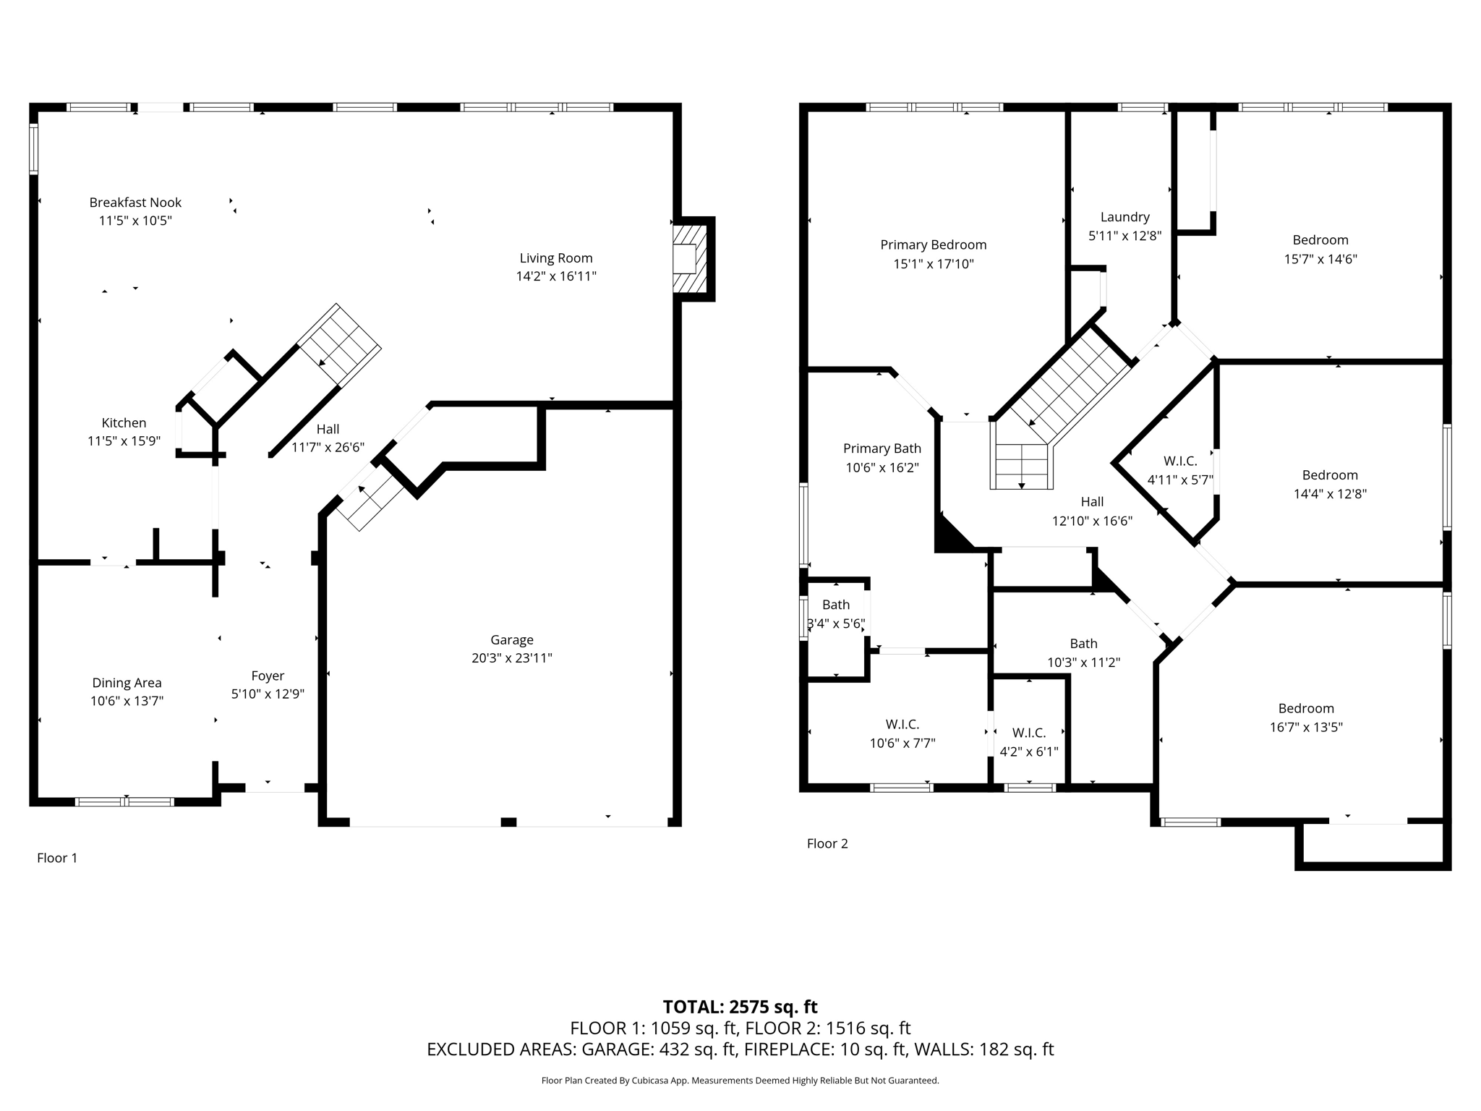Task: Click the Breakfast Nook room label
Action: (x=135, y=203)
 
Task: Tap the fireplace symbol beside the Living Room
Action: (x=688, y=258)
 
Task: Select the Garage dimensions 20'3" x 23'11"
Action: (x=511, y=658)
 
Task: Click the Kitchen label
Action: (x=124, y=423)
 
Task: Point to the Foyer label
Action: (x=268, y=676)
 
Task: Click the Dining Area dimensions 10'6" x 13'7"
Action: (x=127, y=701)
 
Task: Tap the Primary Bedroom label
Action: (x=933, y=245)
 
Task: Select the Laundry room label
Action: (x=1124, y=217)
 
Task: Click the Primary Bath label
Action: (x=882, y=448)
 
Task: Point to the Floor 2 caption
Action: (x=827, y=843)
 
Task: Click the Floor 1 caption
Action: (x=56, y=858)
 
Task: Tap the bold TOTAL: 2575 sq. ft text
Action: (x=740, y=1007)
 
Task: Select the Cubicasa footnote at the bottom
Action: (x=740, y=1081)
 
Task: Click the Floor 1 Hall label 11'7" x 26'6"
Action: (x=328, y=438)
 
